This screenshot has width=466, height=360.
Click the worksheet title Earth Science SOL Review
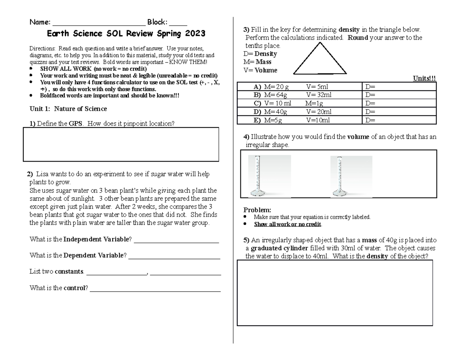126,34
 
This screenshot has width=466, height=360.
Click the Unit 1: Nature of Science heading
68,109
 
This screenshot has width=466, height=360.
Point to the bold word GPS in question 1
75,124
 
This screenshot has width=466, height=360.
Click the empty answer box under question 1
121,144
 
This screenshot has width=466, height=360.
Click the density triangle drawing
320,59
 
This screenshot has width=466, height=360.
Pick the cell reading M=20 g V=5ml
299,87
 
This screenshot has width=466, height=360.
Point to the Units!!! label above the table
424,78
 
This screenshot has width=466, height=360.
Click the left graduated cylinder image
270,176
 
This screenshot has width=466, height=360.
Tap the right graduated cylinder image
351,176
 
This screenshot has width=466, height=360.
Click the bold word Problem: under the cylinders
257,210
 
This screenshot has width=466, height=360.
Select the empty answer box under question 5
335,293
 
